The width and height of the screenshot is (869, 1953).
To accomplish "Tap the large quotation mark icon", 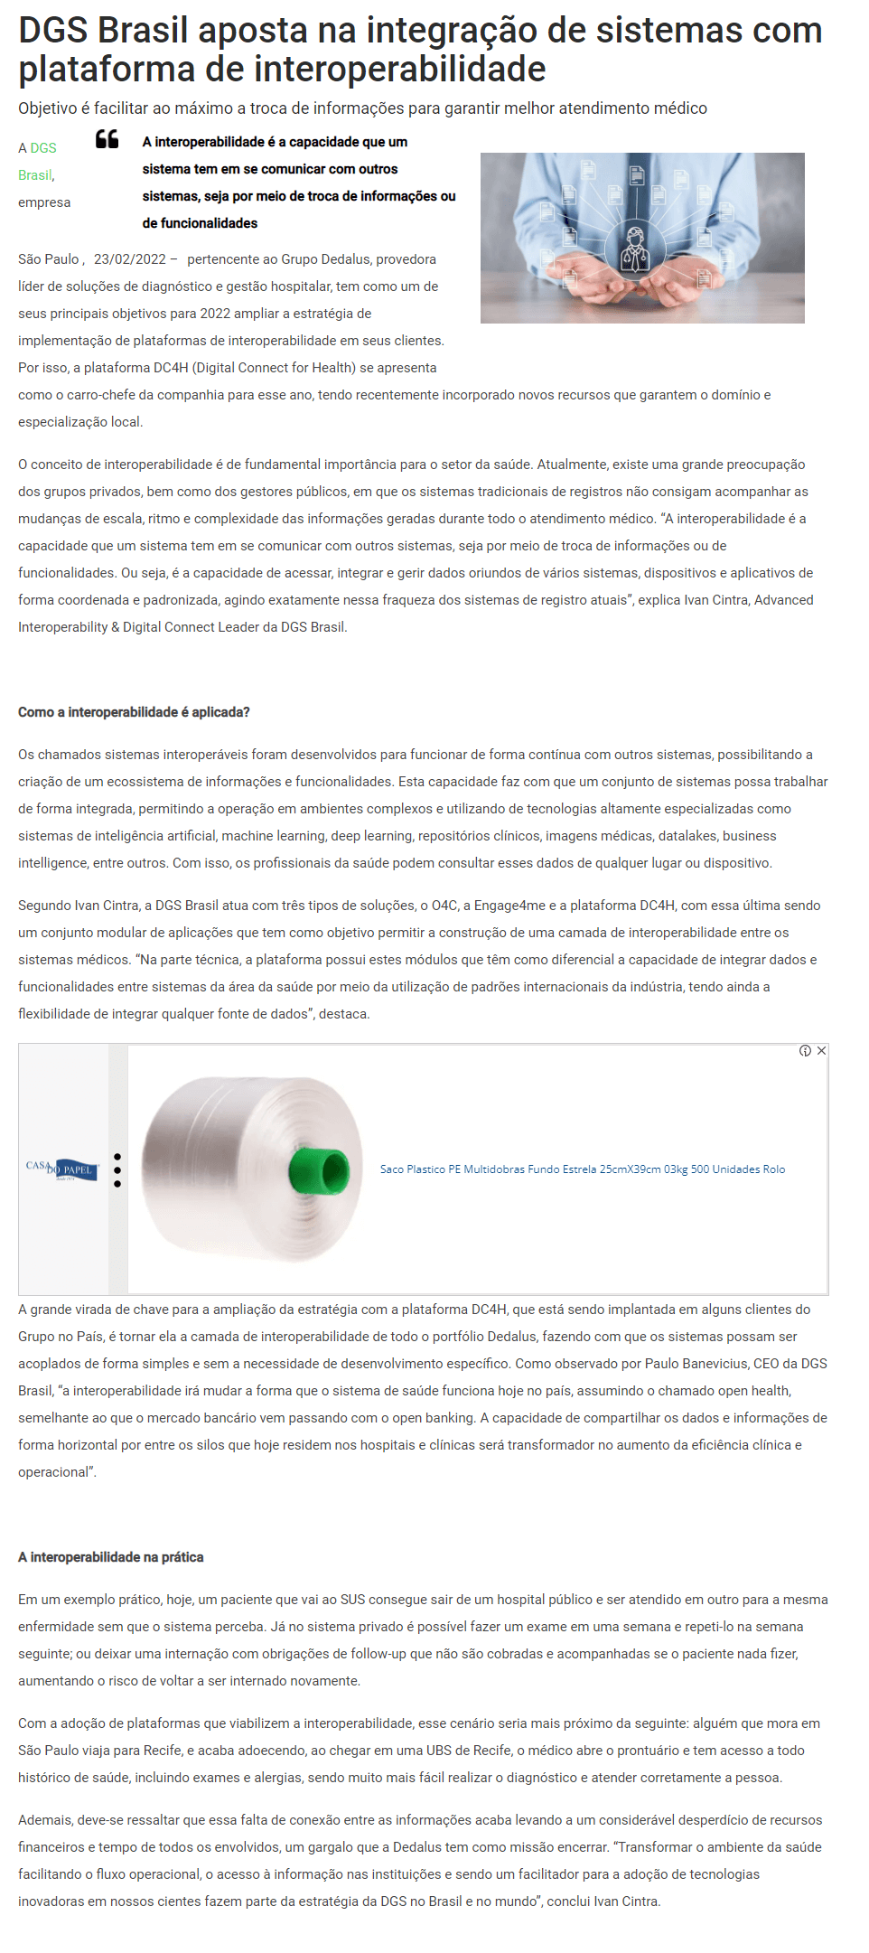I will (107, 139).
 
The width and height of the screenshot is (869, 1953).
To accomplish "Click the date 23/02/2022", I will (129, 259).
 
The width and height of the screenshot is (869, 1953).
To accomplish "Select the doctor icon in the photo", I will (635, 245).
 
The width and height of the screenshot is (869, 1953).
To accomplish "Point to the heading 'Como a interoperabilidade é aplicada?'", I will (134, 712).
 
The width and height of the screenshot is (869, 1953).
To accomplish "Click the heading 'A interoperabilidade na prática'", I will (110, 1557).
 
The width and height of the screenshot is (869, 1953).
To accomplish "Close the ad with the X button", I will (821, 1051).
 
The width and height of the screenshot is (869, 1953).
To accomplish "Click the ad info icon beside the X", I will (805, 1051).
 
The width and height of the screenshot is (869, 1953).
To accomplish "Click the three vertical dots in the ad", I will (117, 1170).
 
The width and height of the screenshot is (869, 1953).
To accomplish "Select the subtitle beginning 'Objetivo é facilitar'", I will (362, 108).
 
